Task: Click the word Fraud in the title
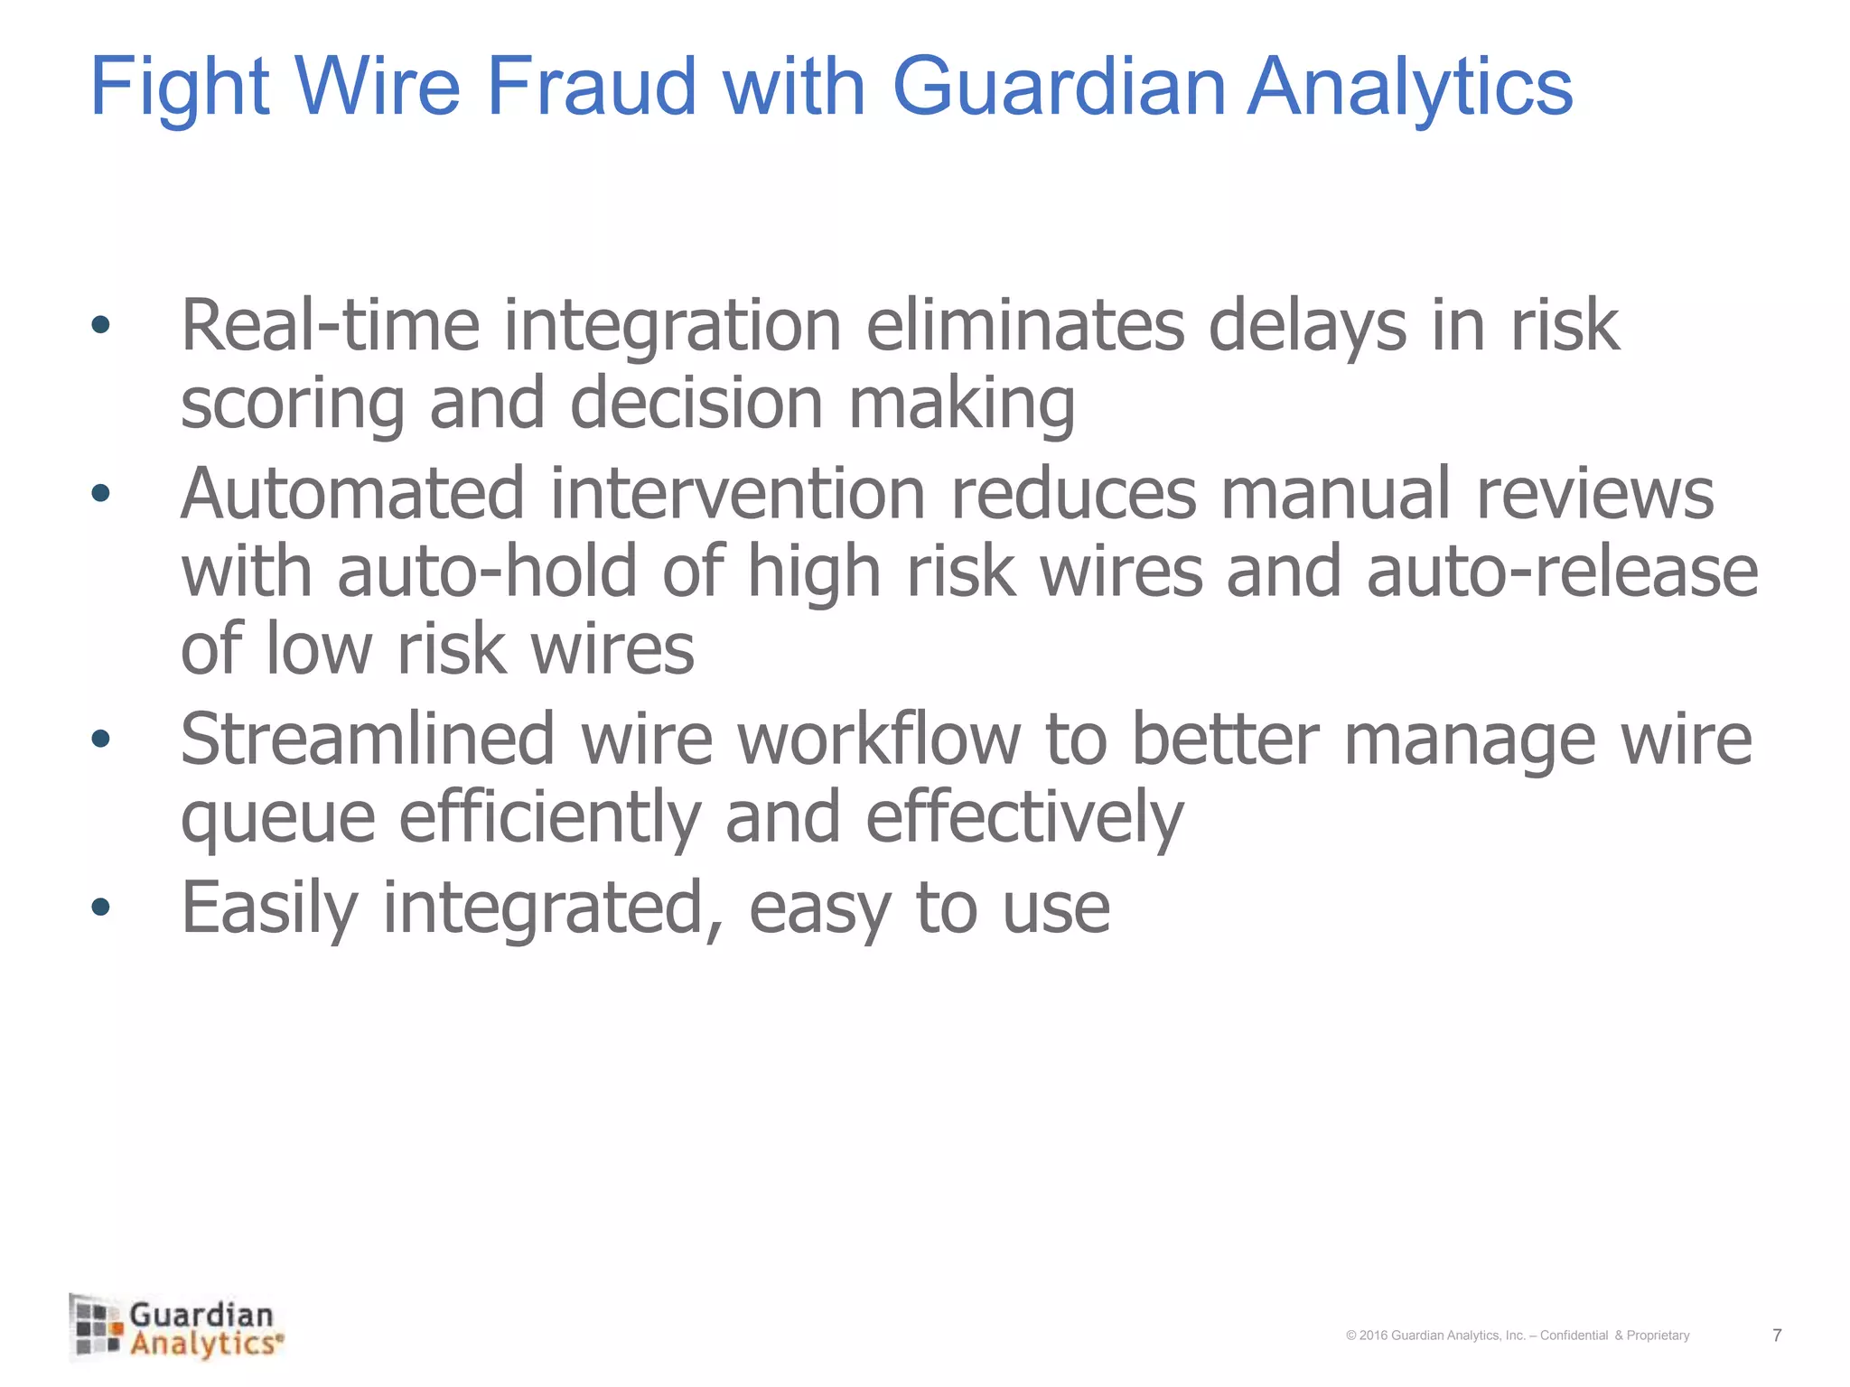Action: point(592,87)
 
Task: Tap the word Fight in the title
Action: point(180,87)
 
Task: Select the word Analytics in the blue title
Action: point(1410,87)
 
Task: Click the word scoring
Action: point(292,405)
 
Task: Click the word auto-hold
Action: point(488,572)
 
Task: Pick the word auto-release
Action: point(1562,572)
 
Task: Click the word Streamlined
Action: point(367,739)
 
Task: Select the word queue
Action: point(277,817)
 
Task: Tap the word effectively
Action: point(1024,817)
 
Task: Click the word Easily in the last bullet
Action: point(269,908)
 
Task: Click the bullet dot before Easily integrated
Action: point(100,907)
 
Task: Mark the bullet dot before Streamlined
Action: point(100,739)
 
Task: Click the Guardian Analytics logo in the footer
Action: point(177,1327)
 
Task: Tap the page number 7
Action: point(1777,1335)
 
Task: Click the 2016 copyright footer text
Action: point(1517,1336)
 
